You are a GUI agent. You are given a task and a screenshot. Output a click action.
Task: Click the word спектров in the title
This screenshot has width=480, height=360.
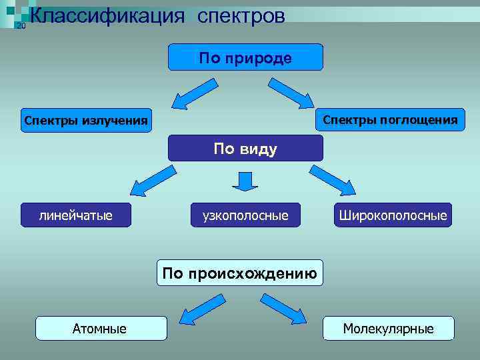pos(241,16)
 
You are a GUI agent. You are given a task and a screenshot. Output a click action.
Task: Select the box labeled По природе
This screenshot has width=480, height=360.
pos(245,57)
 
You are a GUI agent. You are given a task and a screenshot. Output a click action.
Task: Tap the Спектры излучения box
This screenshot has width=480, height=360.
pos(85,121)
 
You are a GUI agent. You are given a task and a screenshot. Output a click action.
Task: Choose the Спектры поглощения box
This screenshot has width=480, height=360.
pos(390,120)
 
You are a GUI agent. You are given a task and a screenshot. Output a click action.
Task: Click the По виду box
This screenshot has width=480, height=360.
pos(245,148)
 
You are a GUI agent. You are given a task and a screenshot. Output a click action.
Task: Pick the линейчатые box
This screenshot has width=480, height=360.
pos(75,215)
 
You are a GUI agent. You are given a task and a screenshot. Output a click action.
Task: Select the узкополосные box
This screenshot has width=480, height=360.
pos(245,215)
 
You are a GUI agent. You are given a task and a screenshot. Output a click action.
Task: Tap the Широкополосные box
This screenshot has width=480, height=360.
pos(393,215)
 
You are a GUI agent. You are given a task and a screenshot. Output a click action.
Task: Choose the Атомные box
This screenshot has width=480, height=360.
pos(100,328)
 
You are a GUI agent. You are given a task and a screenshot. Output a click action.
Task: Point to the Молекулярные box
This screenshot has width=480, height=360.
pos(388,328)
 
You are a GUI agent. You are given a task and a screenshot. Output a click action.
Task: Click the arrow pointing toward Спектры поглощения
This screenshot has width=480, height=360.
pos(291,93)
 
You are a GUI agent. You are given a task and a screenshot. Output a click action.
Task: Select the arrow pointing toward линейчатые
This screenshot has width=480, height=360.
pos(153,181)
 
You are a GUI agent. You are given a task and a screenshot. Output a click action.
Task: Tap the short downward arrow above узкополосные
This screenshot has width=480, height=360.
pos(245,180)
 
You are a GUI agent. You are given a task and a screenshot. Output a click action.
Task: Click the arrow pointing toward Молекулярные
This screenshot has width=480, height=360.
pos(284,309)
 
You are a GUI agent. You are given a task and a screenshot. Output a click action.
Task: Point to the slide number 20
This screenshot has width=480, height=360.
pos(21,26)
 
